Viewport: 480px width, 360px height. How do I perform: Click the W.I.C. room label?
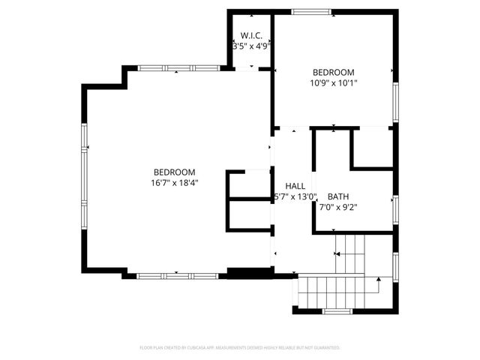coord(251,35)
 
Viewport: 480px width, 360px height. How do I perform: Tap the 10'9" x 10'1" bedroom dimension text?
coord(334,83)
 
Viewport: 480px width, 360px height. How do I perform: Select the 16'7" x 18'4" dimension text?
coord(174,182)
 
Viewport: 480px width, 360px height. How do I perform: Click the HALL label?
coord(295,186)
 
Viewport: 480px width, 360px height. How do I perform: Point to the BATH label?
coord(338,196)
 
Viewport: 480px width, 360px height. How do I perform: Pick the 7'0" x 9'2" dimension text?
coord(338,208)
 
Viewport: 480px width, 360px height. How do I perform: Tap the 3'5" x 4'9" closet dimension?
coord(251,46)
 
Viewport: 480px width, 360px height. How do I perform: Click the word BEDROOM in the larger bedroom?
coord(174,171)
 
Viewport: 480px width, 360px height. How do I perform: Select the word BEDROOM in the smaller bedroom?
coord(334,72)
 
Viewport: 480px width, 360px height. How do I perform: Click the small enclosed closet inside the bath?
coord(371,147)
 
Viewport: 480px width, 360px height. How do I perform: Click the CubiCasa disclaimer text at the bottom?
coord(240,348)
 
